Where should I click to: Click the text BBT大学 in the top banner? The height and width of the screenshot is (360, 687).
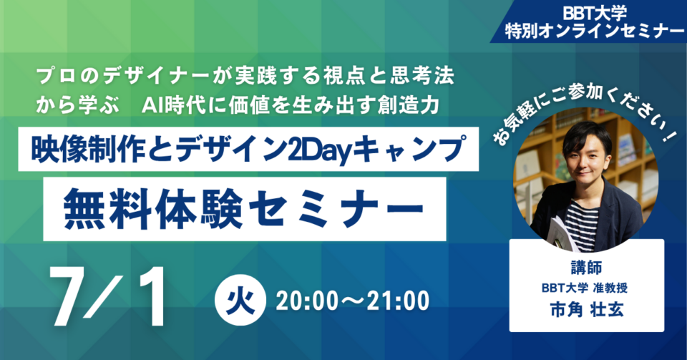[595, 14]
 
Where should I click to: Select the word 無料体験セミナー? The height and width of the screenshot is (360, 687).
[243, 209]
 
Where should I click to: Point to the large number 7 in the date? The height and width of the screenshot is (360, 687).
[70, 296]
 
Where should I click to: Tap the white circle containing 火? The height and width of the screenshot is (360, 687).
[240, 300]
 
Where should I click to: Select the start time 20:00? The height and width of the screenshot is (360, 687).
[307, 301]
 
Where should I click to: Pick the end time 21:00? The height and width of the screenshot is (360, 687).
[399, 301]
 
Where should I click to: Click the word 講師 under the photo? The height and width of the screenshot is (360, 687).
[586, 267]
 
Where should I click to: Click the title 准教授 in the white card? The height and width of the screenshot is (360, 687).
[610, 288]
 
